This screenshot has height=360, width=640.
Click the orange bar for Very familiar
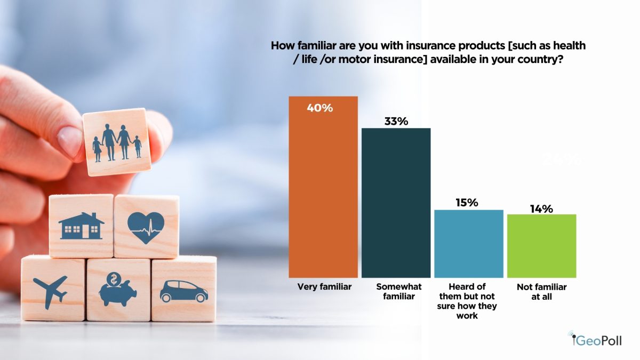pyautogui.click(x=323, y=187)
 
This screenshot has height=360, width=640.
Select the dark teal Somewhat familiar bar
pyautogui.click(x=396, y=203)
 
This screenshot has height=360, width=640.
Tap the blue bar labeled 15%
pyautogui.click(x=469, y=244)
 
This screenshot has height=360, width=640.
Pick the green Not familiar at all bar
pyautogui.click(x=542, y=246)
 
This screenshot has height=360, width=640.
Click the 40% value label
pyautogui.click(x=320, y=108)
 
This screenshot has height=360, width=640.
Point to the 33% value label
pyautogui.click(x=396, y=122)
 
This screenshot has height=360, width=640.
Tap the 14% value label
pyautogui.click(x=541, y=209)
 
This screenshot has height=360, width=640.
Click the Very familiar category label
pyautogui.click(x=324, y=286)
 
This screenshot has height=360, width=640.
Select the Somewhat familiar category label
pyautogui.click(x=399, y=291)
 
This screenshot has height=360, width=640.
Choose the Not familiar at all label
pyautogui.click(x=542, y=292)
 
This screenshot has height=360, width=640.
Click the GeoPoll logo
pyautogui.click(x=595, y=339)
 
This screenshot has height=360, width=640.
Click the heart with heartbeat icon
pyautogui.click(x=146, y=228)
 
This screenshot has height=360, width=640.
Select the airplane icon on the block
pyautogui.click(x=51, y=291)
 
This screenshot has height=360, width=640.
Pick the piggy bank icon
pyautogui.click(x=117, y=289)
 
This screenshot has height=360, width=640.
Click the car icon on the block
pyautogui.click(x=183, y=291)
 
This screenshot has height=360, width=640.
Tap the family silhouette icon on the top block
pyautogui.click(x=117, y=142)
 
